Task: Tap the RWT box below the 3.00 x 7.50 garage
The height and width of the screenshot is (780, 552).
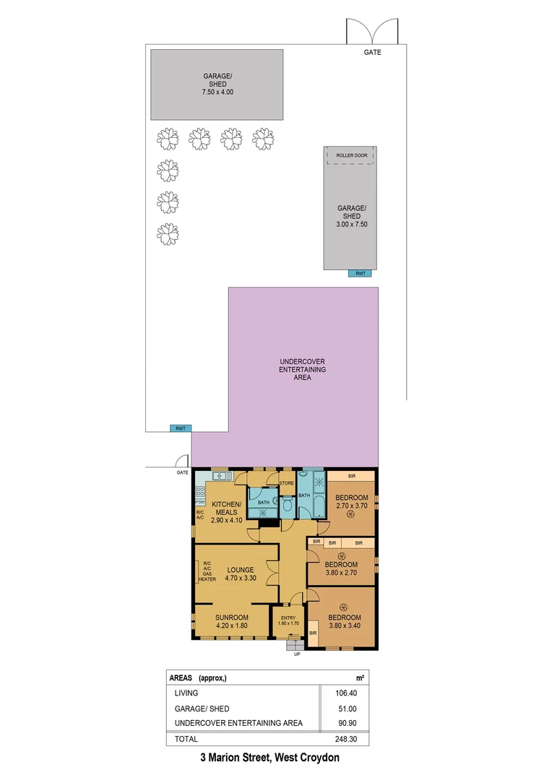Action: click(x=359, y=273)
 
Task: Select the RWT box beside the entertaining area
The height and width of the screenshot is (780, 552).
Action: click(x=180, y=428)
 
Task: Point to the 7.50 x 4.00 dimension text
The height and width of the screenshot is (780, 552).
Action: click(x=217, y=92)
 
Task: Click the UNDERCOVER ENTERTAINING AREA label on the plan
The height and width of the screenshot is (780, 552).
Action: click(x=303, y=369)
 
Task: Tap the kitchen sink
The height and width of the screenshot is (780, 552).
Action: click(x=222, y=476)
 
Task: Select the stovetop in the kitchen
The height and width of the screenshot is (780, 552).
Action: click(x=201, y=493)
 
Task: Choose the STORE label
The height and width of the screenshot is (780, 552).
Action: click(x=287, y=482)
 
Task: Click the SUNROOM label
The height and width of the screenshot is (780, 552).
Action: click(x=232, y=617)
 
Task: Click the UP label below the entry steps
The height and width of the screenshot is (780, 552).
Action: click(x=296, y=654)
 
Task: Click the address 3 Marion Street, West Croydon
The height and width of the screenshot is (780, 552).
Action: click(x=269, y=758)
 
